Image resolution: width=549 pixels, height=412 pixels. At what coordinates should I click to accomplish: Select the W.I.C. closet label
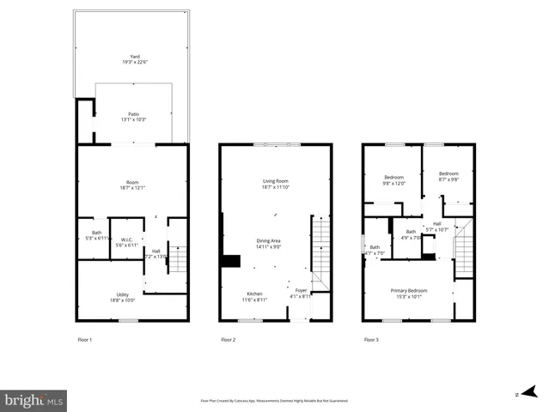pyautogui.click(x=126, y=239)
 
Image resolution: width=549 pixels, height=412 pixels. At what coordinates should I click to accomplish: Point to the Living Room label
pyautogui.click(x=275, y=180)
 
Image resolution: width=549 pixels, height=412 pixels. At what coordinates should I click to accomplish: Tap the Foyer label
pyautogui.click(x=301, y=290)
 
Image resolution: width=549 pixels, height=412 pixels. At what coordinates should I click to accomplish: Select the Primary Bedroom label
pyautogui.click(x=409, y=290)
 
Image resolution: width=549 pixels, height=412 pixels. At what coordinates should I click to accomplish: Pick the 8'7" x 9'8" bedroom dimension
pyautogui.click(x=448, y=179)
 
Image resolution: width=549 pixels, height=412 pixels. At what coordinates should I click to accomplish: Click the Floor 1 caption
pyautogui.click(x=84, y=340)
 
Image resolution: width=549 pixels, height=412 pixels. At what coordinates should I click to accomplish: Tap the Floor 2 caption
pyautogui.click(x=228, y=340)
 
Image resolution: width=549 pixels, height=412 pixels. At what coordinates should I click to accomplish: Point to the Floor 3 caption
pyautogui.click(x=371, y=340)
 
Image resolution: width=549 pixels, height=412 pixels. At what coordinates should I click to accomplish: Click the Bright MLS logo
pyautogui.click(x=34, y=400)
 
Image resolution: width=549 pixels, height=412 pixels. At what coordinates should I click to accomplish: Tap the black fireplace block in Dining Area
pyautogui.click(x=230, y=261)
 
